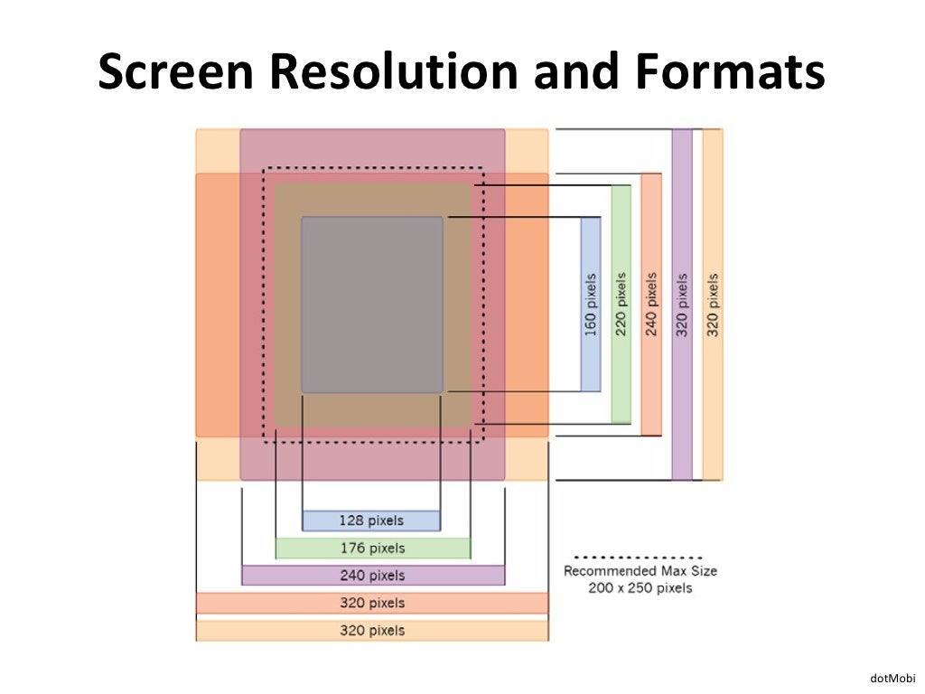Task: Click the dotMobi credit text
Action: pos(892,678)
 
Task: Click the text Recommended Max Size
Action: pos(640,571)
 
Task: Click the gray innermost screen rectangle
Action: pos(372,304)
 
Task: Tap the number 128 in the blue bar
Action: pos(351,520)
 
